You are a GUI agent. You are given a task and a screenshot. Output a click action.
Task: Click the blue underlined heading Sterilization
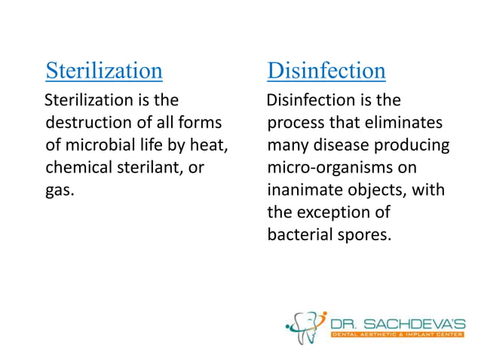coord(104,71)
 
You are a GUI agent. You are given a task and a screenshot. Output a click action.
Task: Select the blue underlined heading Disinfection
coord(326,71)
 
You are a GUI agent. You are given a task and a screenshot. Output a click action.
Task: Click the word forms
coord(205,122)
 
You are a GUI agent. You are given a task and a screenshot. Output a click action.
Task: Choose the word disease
coord(339,144)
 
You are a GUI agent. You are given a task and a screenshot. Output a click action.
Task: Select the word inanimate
coord(303,189)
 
